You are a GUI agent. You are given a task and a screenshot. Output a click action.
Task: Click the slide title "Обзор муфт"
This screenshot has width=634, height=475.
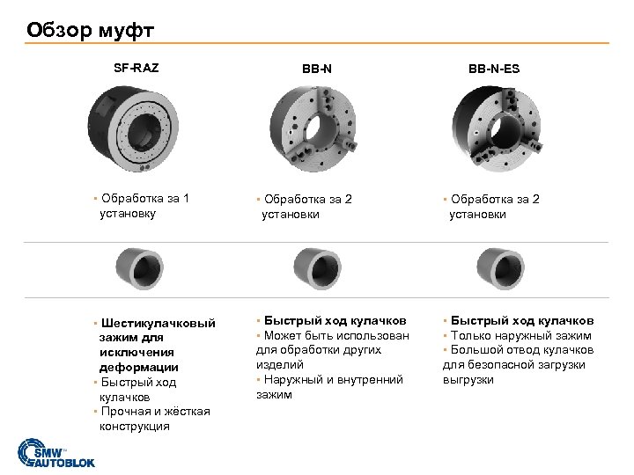pos(90,30)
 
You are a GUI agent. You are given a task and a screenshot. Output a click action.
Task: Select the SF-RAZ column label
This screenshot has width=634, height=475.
pos(136,68)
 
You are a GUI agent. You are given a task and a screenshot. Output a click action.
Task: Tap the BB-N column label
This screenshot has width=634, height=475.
pos(317,69)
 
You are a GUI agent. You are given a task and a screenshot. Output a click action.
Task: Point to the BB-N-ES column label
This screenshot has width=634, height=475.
pos(494,69)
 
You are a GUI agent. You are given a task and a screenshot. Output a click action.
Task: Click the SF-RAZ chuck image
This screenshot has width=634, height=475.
pos(133,128)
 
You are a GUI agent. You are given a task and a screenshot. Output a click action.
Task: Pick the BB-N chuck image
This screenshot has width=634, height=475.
pos(313,128)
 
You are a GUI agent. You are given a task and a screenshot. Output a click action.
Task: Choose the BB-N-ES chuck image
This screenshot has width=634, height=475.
pos(497,128)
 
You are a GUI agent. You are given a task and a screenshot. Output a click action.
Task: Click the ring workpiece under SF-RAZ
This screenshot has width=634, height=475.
pos(139,268)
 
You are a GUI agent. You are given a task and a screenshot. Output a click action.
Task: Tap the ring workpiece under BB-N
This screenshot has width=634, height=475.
pos(317,268)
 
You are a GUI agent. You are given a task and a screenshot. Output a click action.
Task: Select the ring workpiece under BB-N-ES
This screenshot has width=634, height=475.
pos(500,268)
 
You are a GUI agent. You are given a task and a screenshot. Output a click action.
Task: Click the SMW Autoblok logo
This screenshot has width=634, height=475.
pos(56,453)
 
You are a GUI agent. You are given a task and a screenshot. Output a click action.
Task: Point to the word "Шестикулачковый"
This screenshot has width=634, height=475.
pos(158,323)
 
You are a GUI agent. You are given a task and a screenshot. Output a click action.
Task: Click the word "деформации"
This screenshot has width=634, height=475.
pos(139,367)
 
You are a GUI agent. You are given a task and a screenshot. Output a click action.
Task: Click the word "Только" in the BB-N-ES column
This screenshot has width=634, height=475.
pos(468,336)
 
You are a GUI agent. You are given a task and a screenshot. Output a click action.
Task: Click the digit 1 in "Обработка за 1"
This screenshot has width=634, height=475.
pos(186,198)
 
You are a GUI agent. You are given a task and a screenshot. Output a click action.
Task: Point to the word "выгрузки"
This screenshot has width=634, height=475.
pos(468,380)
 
